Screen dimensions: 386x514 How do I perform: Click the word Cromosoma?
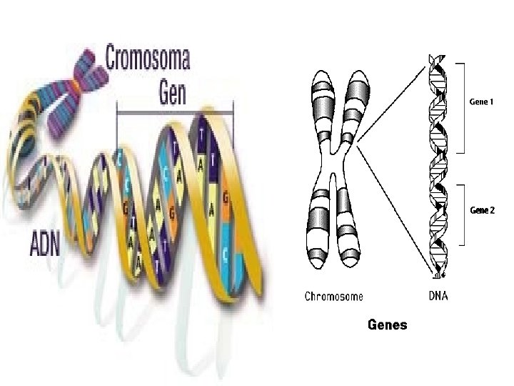point(148,58)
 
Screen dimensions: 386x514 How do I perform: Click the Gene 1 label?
point(480,102)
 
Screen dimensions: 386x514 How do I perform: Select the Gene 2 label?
point(480,210)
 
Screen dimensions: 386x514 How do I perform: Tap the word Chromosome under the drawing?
point(333,296)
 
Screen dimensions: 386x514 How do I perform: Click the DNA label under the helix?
point(438,296)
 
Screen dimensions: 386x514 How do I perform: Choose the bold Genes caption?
point(387,325)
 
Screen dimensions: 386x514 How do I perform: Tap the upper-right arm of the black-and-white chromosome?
point(355,104)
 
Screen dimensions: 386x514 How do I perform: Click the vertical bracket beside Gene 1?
point(465,107)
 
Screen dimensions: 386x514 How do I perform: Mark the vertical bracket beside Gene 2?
point(465,214)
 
